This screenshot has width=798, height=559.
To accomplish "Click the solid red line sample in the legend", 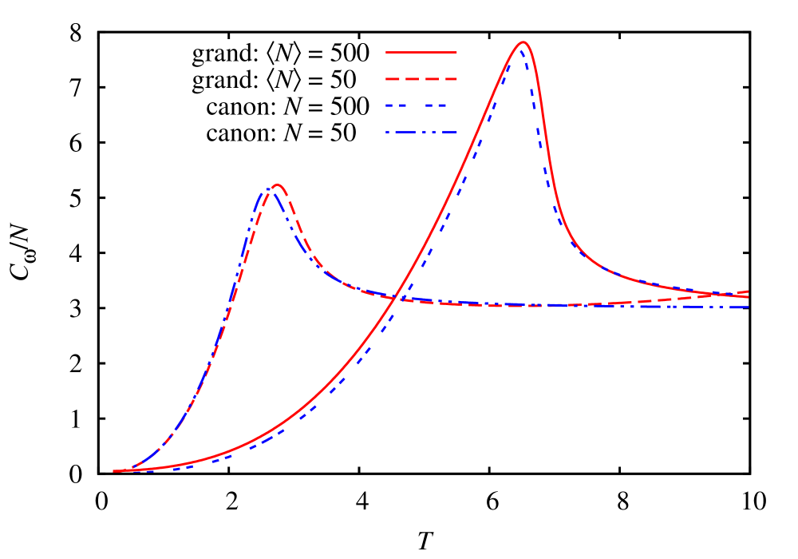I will [x=421, y=52].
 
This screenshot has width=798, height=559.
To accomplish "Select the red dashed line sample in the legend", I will [x=421, y=79].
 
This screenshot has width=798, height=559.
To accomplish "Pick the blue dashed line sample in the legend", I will [x=421, y=105].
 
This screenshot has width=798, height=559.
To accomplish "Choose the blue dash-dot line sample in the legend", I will [x=421, y=132].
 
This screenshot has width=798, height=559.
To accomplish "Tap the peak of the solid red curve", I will [x=523, y=42].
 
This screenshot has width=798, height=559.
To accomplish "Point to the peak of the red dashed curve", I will [x=277, y=184].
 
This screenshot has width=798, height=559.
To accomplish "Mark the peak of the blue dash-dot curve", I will [x=268, y=190].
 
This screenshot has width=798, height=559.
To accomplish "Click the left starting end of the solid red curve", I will [x=114, y=471].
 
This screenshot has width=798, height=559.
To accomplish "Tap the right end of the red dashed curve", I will [x=749, y=291].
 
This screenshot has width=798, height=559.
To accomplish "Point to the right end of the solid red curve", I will [x=749, y=297].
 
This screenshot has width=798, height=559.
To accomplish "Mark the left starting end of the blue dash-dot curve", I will [x=132, y=467].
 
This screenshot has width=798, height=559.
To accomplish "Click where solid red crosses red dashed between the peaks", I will [x=396, y=298].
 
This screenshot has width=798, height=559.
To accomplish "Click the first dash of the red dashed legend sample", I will [x=393, y=79].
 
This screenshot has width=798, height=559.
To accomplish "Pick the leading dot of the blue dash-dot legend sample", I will [x=389, y=132].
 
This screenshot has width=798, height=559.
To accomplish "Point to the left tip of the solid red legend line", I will [x=387, y=52].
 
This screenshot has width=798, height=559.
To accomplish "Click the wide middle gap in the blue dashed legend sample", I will [x=421, y=105].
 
